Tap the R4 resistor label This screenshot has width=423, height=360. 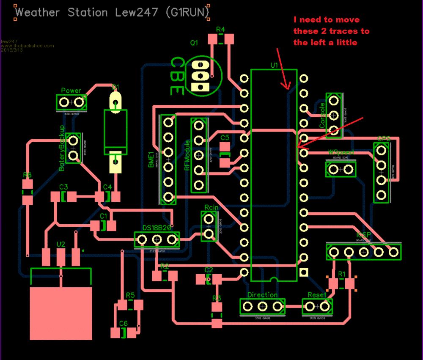(x=220, y=30)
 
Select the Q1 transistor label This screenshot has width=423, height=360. (x=194, y=43)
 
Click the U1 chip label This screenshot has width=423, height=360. (x=274, y=65)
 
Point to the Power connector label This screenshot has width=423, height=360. (x=71, y=91)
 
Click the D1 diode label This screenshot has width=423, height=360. (x=115, y=87)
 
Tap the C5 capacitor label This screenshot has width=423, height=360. (x=225, y=137)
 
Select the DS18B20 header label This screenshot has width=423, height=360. (x=157, y=228)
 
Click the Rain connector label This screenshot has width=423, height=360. (x=211, y=208)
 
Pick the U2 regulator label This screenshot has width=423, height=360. (x=61, y=244)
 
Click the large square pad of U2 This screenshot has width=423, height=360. (x=61, y=313)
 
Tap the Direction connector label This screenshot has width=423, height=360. (x=262, y=295)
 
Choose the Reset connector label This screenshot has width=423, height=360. (x=317, y=295)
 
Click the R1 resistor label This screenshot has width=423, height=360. (x=342, y=274)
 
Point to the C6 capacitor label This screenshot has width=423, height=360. (x=123, y=323)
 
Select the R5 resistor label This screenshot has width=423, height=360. (x=130, y=295)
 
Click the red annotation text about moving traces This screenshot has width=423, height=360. (x=331, y=31)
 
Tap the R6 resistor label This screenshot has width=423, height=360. (x=27, y=175)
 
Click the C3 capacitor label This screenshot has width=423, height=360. (x=63, y=187)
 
